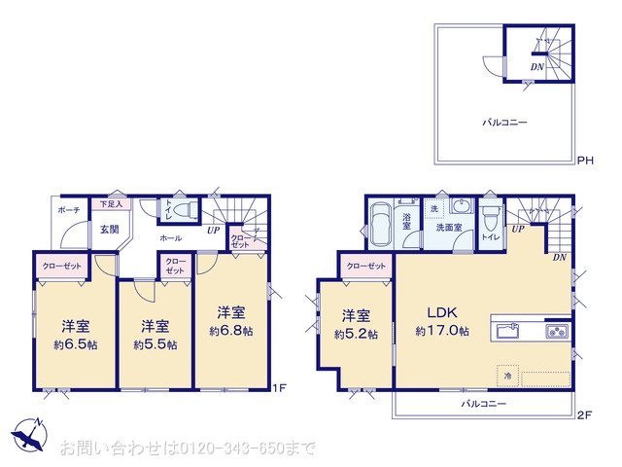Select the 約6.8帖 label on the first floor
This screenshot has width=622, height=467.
click(230, 332)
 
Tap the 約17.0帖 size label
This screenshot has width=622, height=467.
click(442, 332)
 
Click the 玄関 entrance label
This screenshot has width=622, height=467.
click(109, 230)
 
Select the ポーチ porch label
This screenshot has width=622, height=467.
click(69, 210)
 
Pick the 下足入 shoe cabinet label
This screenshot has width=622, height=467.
click(111, 205)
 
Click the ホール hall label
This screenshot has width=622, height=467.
click(170, 236)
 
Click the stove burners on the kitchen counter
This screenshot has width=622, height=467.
click(556, 331)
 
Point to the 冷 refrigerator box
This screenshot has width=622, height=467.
click(505, 374)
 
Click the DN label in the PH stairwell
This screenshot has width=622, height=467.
click(536, 66)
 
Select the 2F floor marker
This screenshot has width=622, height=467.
click(584, 414)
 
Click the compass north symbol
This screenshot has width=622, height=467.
click(29, 434)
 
